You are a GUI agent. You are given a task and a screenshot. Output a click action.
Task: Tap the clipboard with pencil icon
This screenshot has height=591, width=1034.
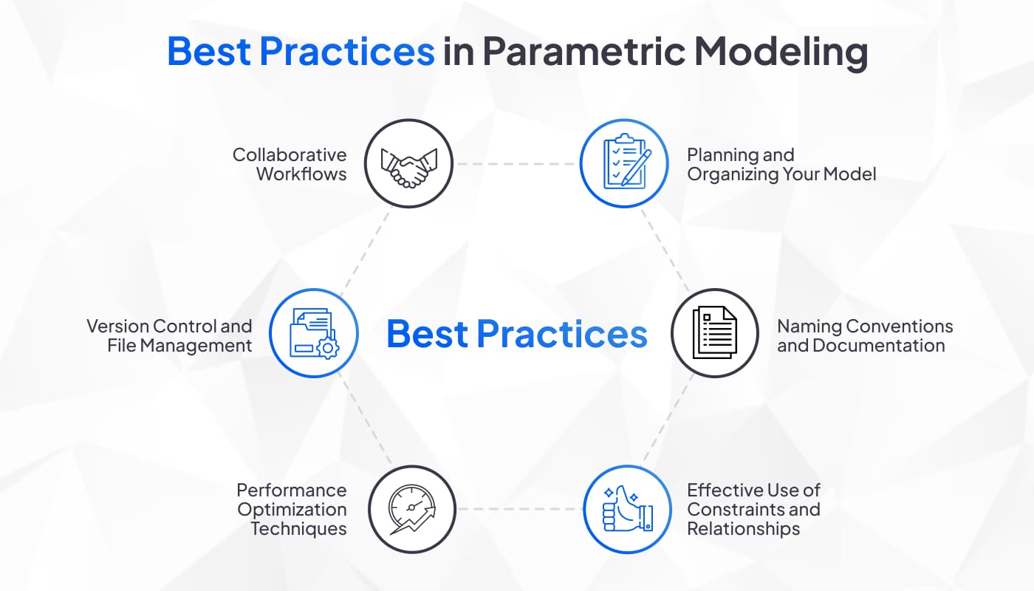tap(627, 161)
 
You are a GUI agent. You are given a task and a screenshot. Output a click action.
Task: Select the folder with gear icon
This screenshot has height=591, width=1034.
tap(314, 333)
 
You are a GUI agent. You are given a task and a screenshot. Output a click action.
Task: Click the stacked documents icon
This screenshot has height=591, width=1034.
tap(715, 332)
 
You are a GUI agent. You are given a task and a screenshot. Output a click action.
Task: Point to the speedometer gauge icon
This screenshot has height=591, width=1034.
tap(412, 510)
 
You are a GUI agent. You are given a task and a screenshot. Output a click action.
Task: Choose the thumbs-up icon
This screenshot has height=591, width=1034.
tap(628, 508)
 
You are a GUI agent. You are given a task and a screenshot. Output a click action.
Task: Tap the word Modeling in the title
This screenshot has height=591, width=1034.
tap(781, 51)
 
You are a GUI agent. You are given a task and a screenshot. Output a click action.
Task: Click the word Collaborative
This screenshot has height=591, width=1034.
tap(290, 154)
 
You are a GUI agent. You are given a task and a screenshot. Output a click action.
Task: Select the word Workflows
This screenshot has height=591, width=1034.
tap(301, 174)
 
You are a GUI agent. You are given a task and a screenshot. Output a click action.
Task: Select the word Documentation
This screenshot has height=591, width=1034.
tap(878, 346)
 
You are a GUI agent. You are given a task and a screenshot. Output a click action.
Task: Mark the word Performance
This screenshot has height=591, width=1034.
tap(292, 490)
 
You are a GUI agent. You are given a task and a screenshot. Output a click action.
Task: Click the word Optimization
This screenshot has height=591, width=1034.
tap(292, 510)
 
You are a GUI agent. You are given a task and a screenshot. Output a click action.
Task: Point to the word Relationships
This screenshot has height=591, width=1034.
tap(743, 529)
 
